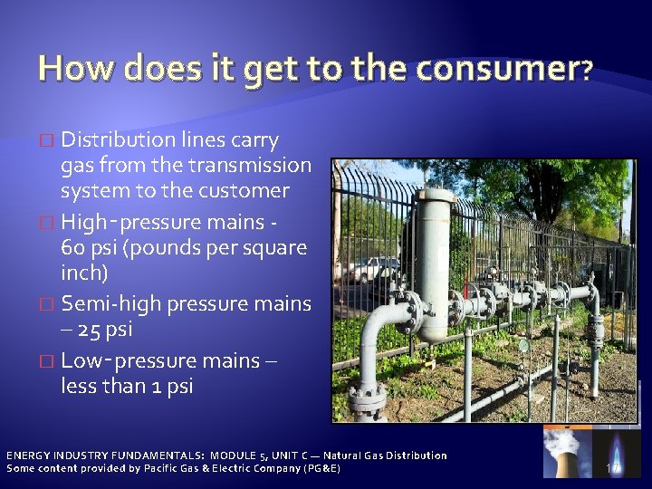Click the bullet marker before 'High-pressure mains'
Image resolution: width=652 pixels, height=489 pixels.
pyautogui.click(x=49, y=221)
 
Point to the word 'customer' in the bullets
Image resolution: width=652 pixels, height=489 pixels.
pyautogui.click(x=245, y=192)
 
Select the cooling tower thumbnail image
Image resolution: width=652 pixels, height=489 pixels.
pyautogui.click(x=566, y=452)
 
